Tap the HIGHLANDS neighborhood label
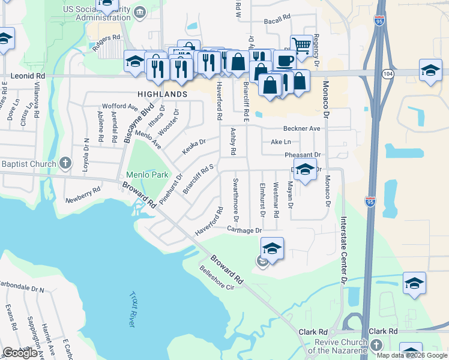[x=162, y=95]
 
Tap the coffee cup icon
[x=285, y=60]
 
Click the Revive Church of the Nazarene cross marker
[x=376, y=345]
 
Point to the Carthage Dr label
[x=245, y=230]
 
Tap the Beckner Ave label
[x=301, y=128]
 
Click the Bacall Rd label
[x=277, y=21]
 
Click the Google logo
[x=20, y=353]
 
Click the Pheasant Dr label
[x=303, y=155]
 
